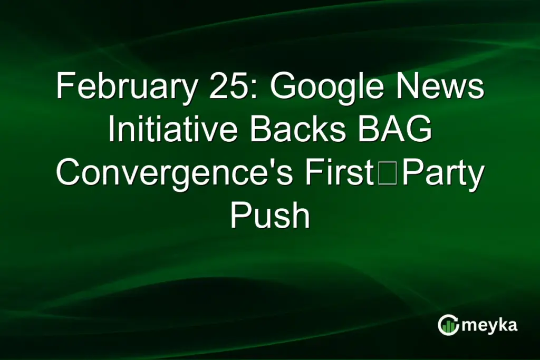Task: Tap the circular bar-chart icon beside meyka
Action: (448, 325)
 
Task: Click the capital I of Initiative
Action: (111, 130)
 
